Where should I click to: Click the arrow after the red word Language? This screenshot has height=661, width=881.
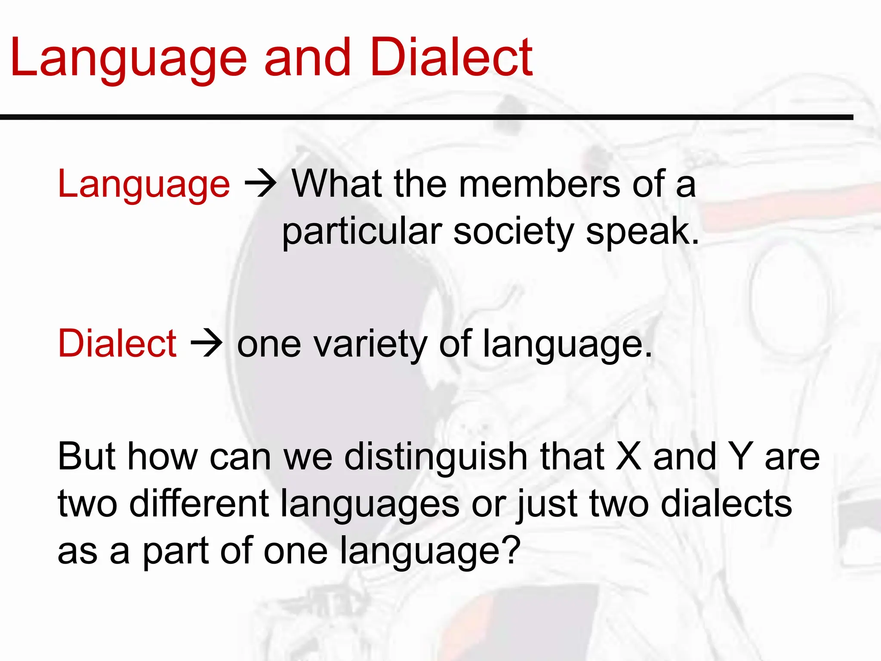pyautogui.click(x=260, y=184)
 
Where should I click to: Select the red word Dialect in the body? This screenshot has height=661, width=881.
pyautogui.click(x=117, y=343)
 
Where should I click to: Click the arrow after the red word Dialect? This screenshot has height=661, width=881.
pyautogui.click(x=206, y=343)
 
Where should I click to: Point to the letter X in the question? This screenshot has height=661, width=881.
pyautogui.click(x=628, y=456)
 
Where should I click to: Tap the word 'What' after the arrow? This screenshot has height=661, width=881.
pyautogui.click(x=337, y=184)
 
